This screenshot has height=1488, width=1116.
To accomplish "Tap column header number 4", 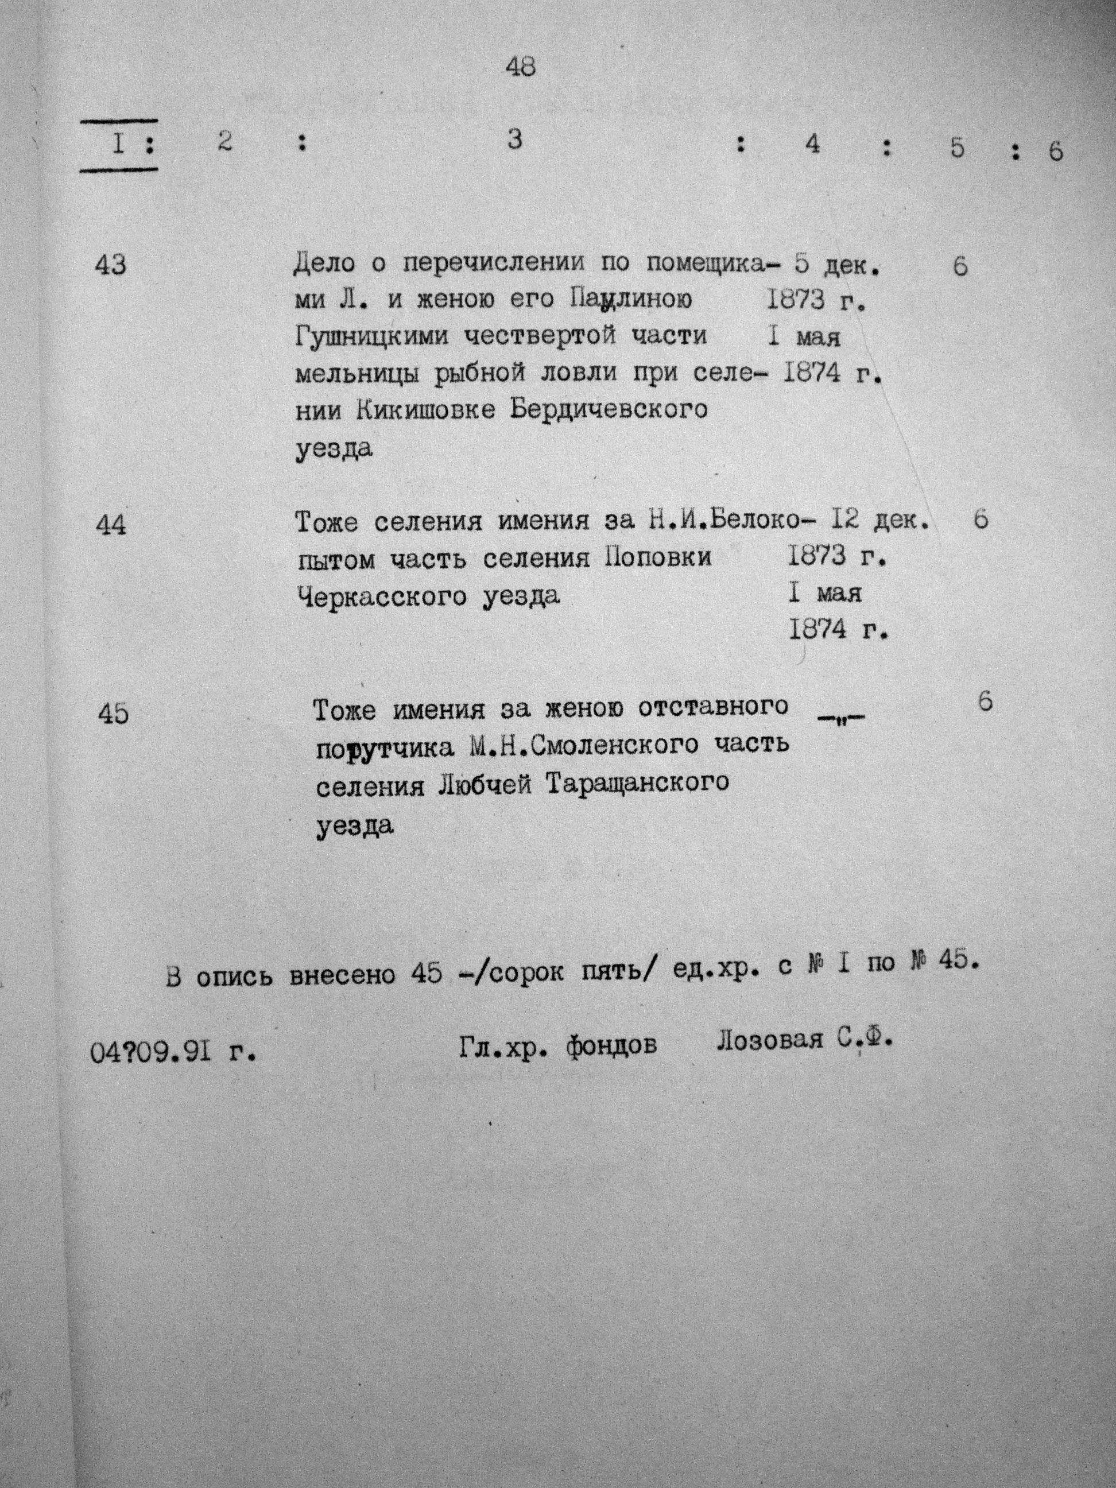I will pyautogui.click(x=813, y=144).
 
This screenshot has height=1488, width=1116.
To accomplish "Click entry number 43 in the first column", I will pyautogui.click(x=111, y=266).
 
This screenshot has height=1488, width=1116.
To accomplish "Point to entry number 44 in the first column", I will pyautogui.click(x=111, y=525).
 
